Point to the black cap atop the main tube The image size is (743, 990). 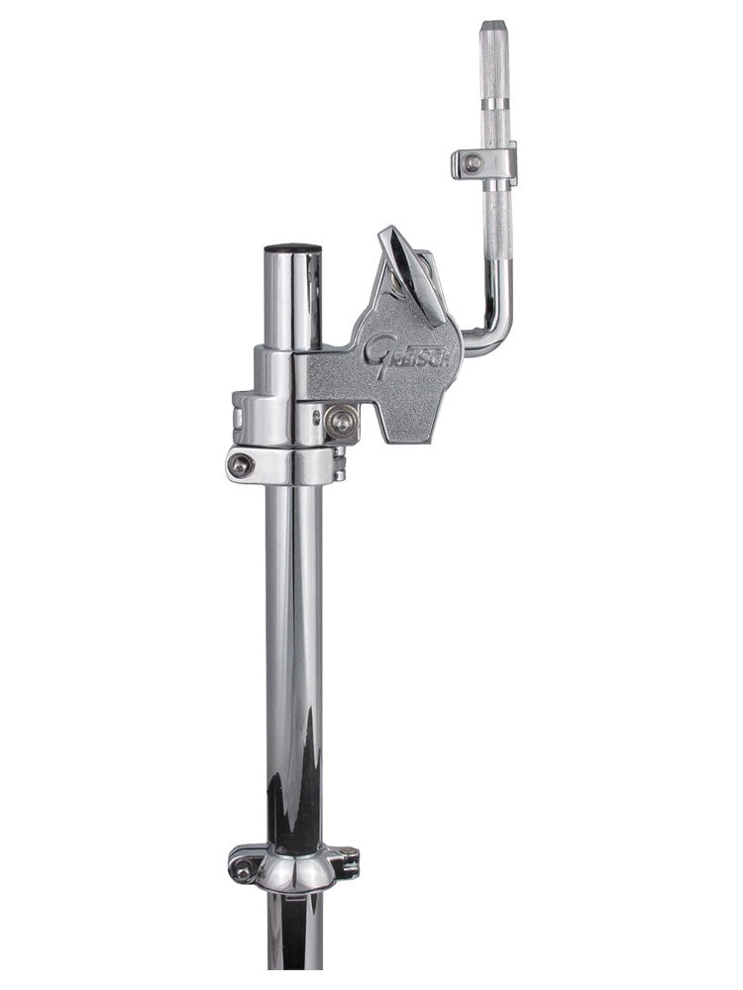pyautogui.click(x=292, y=248)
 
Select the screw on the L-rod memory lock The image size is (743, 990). pyautogui.click(x=473, y=163)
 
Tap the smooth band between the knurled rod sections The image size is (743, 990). pyautogui.click(x=495, y=102)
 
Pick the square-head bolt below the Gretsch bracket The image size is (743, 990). pyautogui.click(x=342, y=423)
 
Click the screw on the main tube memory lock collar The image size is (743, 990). pyautogui.click(x=242, y=466)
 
